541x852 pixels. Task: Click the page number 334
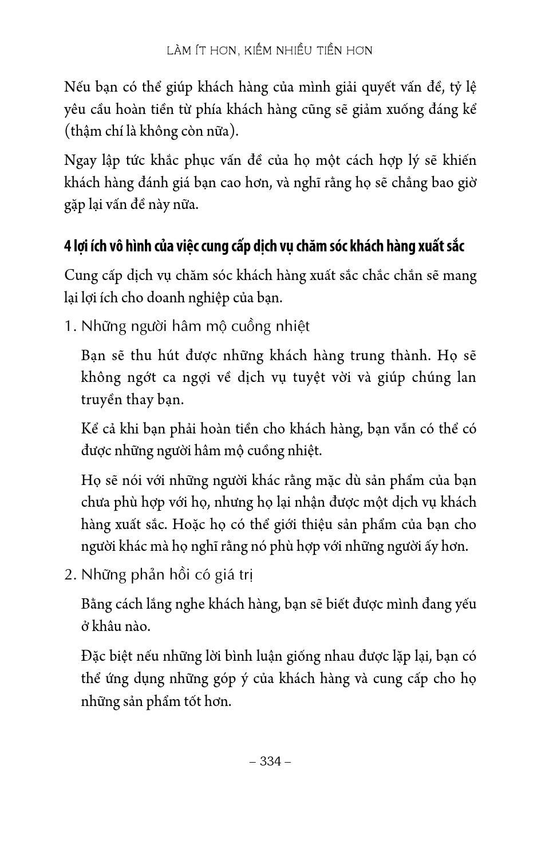pyautogui.click(x=271, y=761)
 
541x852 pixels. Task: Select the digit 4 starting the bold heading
pyautogui.click(x=67, y=246)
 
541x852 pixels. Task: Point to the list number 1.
pyautogui.click(x=69, y=326)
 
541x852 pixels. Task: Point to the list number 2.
pyautogui.click(x=69, y=575)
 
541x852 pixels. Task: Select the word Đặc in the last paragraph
pyautogui.click(x=94, y=656)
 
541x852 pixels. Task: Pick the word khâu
pyautogui.click(x=112, y=626)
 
